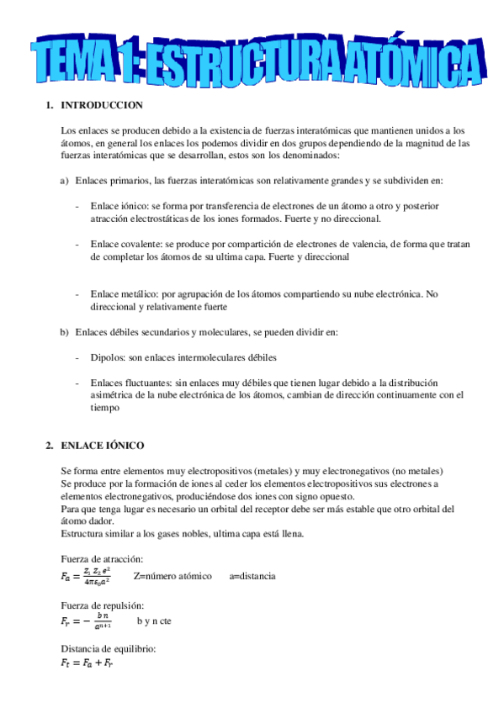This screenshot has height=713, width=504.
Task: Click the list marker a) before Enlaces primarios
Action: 64,181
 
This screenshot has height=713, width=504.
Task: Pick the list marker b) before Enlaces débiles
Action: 64,332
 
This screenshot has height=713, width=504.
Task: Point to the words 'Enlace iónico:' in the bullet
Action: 119,206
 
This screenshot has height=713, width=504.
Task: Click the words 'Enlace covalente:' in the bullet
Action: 125,244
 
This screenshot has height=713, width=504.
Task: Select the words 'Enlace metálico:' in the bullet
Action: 124,294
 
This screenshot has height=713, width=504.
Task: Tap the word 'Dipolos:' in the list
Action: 109,357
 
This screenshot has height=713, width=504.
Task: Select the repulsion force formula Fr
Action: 86,622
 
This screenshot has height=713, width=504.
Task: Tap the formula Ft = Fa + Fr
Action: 87,663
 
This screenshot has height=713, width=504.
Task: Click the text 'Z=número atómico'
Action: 172,576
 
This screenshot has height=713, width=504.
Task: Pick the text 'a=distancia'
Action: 252,576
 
